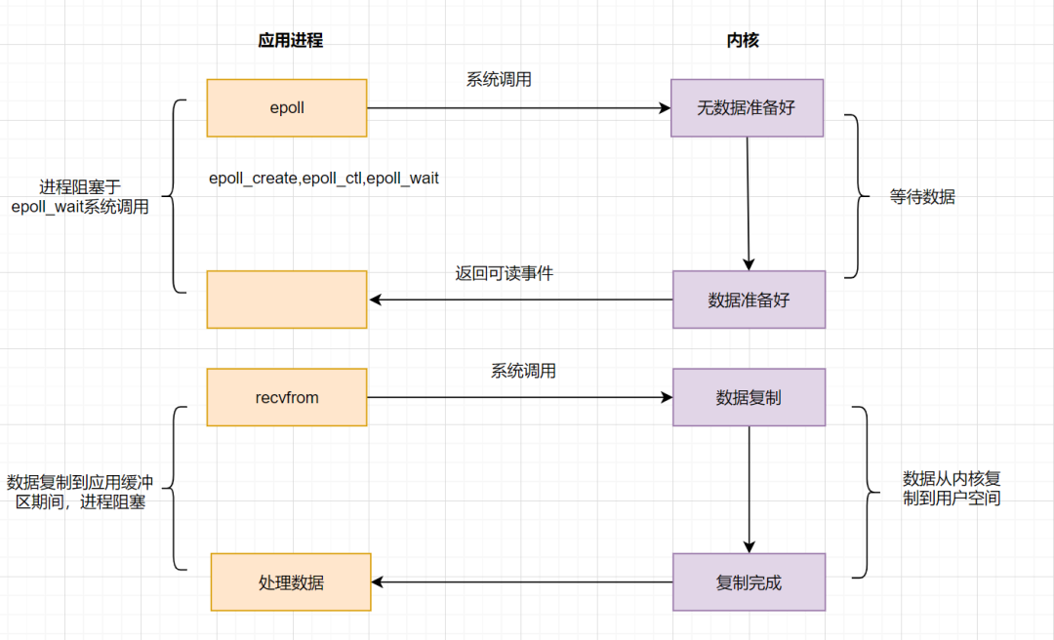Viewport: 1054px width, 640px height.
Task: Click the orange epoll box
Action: (x=287, y=107)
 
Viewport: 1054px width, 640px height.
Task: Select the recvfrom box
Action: (x=287, y=397)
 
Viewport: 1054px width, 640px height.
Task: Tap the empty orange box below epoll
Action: (x=287, y=299)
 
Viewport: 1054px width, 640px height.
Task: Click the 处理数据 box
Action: (x=291, y=582)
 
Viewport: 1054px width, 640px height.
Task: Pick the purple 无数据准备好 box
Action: (x=747, y=107)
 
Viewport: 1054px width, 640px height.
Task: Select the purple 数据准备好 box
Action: (x=749, y=300)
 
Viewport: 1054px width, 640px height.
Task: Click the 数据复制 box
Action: (x=749, y=397)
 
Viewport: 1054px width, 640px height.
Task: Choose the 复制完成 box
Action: (x=749, y=582)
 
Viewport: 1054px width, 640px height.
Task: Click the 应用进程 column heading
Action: (x=290, y=40)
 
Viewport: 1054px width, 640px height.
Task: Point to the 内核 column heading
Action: (x=743, y=40)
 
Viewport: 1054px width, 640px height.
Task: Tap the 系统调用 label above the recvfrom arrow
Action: (x=524, y=371)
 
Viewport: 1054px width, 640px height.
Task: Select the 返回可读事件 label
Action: (x=504, y=273)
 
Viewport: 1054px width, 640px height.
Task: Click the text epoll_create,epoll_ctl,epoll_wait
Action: (x=324, y=179)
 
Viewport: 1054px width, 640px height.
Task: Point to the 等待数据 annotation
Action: (x=922, y=196)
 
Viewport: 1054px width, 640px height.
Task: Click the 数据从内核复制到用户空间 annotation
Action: (x=952, y=488)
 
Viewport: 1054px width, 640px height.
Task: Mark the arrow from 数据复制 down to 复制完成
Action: (x=750, y=488)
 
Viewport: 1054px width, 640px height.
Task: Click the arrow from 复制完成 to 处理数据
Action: (x=522, y=582)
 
